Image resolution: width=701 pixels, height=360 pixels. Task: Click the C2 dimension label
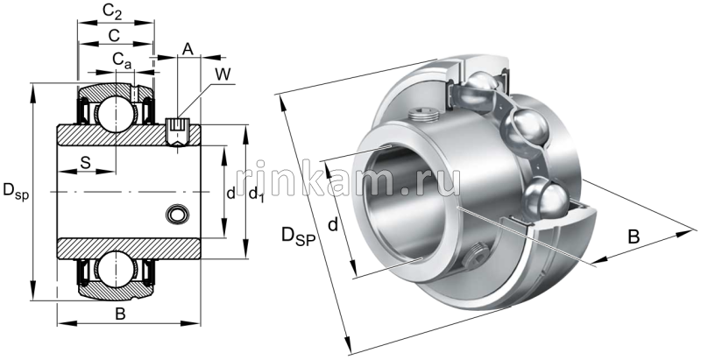[x=111, y=11]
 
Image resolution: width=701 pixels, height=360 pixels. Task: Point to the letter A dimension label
[x=187, y=49]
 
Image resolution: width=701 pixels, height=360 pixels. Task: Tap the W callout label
[x=223, y=74]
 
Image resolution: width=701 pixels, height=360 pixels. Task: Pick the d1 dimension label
[x=256, y=194]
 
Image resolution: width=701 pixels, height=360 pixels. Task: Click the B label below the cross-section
[x=121, y=314]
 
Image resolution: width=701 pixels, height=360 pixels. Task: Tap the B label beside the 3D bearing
[x=634, y=236]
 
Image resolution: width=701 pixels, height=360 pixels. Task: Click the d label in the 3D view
[x=332, y=225]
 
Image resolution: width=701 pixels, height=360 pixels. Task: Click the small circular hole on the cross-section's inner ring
[x=177, y=214]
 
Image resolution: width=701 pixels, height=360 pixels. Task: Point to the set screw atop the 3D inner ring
[x=421, y=114]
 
